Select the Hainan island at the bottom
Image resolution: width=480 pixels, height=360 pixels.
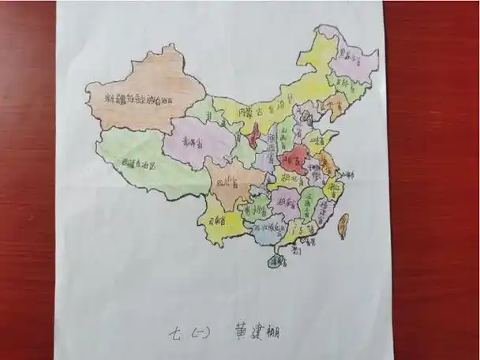tap(276, 261)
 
